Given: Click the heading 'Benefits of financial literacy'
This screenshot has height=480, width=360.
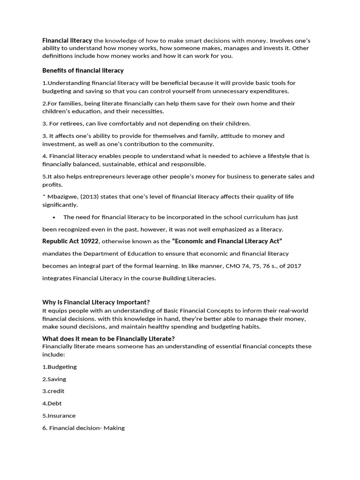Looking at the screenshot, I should point(83,70).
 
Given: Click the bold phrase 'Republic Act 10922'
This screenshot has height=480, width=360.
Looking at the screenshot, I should point(70,241).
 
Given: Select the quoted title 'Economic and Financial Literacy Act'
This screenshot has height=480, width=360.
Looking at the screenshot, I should point(227,241).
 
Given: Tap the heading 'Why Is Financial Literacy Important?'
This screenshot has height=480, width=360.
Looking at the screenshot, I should point(96,302).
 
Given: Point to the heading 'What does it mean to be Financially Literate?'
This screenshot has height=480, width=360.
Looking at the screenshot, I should point(108,339).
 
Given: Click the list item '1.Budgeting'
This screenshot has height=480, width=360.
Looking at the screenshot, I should point(60,367).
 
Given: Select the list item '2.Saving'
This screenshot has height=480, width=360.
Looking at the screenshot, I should point(54,379).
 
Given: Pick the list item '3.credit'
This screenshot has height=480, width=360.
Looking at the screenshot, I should point(53,391).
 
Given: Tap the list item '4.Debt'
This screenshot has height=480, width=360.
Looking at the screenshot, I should point(52,403).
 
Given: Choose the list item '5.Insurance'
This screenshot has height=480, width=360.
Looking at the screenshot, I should point(59,415).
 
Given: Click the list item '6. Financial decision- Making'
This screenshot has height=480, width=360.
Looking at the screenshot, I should point(83,427).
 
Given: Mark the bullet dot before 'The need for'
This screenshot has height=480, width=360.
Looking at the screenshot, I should point(55,217).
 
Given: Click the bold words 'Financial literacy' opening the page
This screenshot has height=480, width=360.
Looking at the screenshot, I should point(67,41).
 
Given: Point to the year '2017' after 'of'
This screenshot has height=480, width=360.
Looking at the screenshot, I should point(293,266).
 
